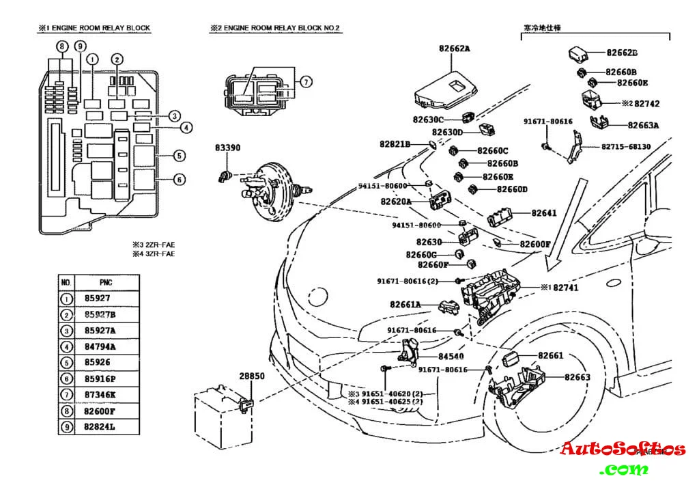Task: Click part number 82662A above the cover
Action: click(x=455, y=49)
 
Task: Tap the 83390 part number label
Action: click(x=228, y=148)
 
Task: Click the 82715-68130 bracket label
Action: click(x=626, y=147)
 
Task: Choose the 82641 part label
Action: click(x=544, y=212)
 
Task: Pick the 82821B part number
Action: click(x=395, y=144)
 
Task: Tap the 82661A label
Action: click(x=405, y=304)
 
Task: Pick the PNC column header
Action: click(x=98, y=281)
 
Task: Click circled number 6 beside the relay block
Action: click(x=179, y=180)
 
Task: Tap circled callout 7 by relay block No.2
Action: click(x=306, y=82)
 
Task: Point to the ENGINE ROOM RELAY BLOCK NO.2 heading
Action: click(x=274, y=28)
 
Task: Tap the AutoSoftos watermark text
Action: click(x=622, y=449)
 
